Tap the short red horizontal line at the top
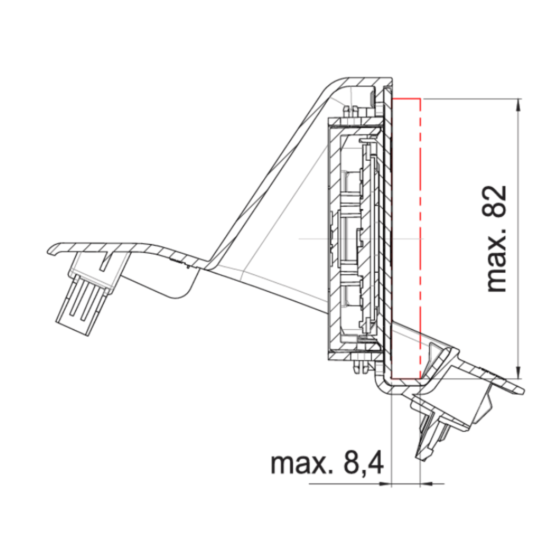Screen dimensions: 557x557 [x=407, y=99]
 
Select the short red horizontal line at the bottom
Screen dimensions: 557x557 [x=406, y=379]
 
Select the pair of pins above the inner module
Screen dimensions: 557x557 [x=351, y=111]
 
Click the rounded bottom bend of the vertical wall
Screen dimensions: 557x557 [x=384, y=385]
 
